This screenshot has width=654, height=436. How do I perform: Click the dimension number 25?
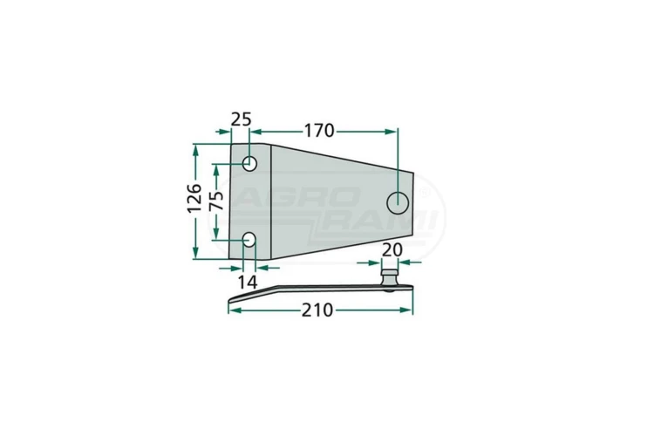click(241, 119)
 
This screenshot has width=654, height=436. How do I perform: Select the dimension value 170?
click(319, 131)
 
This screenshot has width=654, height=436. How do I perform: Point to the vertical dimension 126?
click(194, 198)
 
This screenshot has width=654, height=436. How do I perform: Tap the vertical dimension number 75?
click(216, 201)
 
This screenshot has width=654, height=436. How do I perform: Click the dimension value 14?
click(248, 283)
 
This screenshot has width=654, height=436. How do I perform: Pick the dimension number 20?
click(392, 250)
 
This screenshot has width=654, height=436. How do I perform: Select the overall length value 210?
click(317, 310)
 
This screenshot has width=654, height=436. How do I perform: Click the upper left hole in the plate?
click(250, 163)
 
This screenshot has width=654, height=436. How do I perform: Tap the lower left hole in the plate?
click(249, 239)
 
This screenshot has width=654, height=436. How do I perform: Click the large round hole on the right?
click(398, 203)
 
